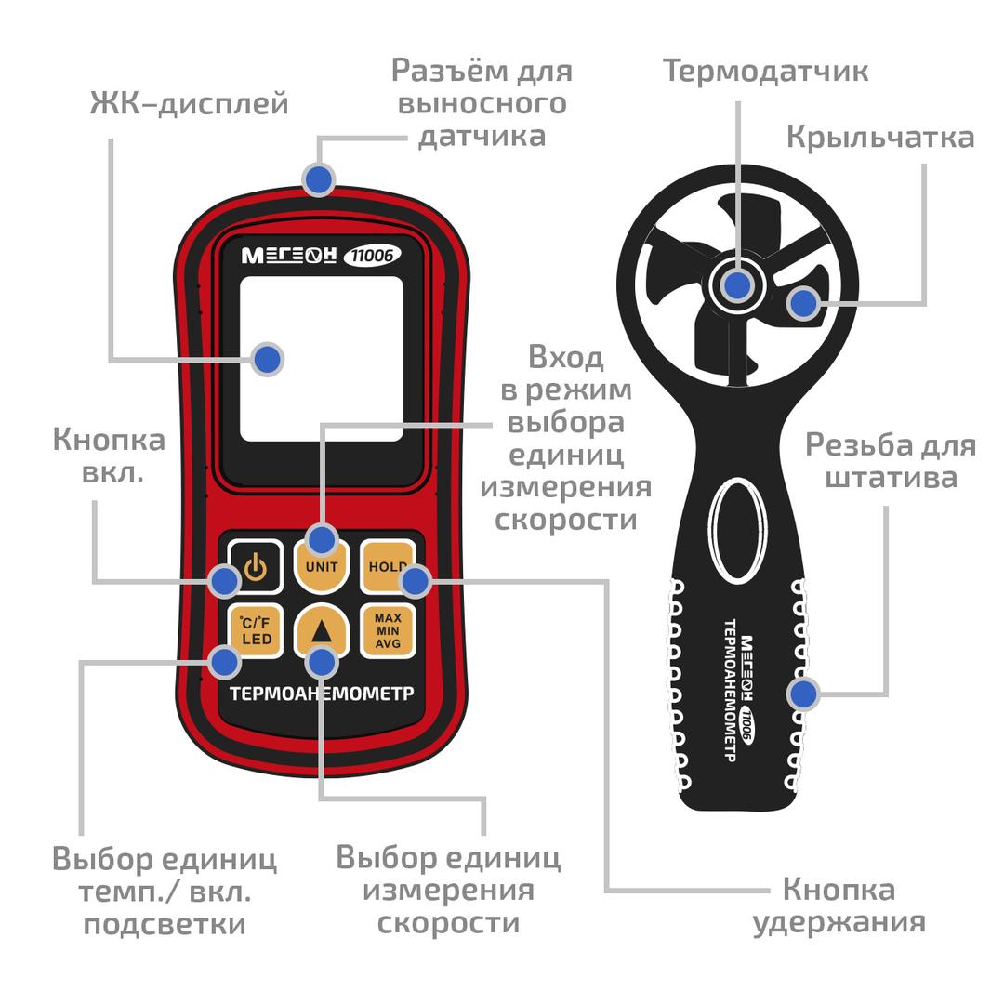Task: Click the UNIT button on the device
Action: tap(322, 567)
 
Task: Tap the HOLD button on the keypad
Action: tap(387, 567)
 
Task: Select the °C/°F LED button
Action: tap(256, 631)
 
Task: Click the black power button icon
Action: tap(256, 567)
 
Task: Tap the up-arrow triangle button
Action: tap(322, 630)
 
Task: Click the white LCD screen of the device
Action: tap(322, 359)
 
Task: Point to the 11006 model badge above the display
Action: tap(372, 256)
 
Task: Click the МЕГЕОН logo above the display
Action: tap(289, 257)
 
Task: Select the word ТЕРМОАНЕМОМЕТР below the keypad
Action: tap(322, 694)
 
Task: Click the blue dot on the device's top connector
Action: tap(318, 179)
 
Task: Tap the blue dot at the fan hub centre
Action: tap(737, 285)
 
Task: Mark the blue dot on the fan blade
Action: tap(803, 303)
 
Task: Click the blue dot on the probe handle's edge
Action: tap(803, 694)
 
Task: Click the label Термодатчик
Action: tap(765, 71)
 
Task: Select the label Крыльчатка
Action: tap(880, 137)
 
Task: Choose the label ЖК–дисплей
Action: tap(189, 103)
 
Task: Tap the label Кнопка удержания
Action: tap(839, 906)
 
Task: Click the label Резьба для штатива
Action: tap(891, 461)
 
